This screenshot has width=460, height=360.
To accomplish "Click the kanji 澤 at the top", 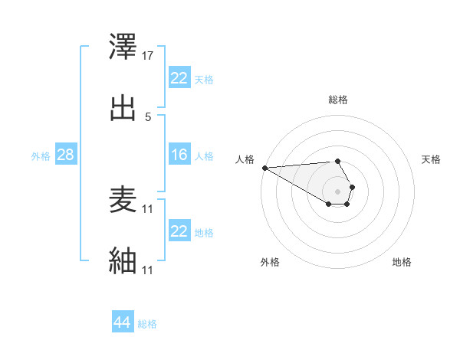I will (x=123, y=48).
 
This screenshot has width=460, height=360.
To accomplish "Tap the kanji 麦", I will (x=123, y=201).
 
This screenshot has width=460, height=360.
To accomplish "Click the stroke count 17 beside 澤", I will (x=148, y=56).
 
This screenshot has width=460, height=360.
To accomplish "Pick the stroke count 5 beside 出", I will (x=148, y=116).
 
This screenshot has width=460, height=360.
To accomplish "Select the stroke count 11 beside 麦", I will (x=148, y=209).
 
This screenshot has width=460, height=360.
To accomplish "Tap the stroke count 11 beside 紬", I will (x=148, y=270).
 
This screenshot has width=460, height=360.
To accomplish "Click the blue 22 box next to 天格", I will (x=179, y=78).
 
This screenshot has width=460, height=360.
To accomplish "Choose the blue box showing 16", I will (x=179, y=155).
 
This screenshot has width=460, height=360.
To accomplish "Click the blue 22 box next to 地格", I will (x=179, y=231).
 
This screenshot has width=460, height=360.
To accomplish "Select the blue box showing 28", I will (x=66, y=155).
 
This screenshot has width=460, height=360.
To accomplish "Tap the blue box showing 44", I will (x=123, y=322).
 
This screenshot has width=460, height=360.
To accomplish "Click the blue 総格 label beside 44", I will (x=147, y=324).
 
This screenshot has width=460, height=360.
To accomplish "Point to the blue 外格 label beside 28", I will (x=41, y=155).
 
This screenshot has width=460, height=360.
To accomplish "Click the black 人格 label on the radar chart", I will (x=245, y=159).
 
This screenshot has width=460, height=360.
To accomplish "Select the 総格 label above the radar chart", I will (x=338, y=100).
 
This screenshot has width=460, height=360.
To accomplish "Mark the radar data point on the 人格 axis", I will (x=264, y=168).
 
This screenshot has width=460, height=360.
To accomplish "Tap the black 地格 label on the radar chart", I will (x=402, y=262).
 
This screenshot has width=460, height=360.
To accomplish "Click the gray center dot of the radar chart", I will (x=338, y=191).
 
